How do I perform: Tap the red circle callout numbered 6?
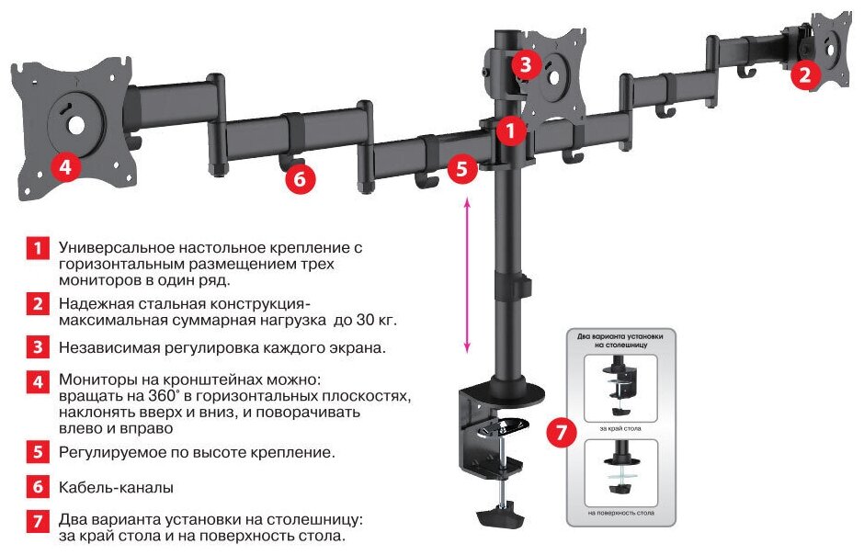[x=300, y=177]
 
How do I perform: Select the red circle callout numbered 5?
[x=463, y=169]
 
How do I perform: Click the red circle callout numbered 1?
[x=512, y=130]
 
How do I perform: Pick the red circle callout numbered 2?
[x=805, y=74]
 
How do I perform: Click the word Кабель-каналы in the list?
[x=116, y=487]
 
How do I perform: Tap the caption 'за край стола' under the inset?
[x=622, y=429]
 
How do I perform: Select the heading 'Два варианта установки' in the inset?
[x=621, y=336]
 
